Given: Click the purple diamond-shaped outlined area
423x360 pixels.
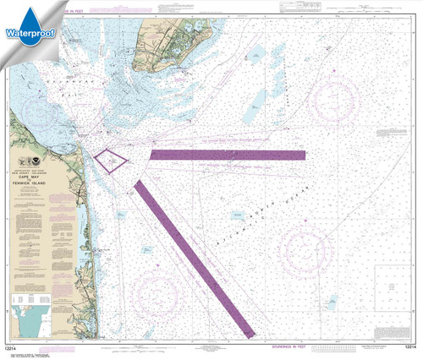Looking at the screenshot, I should pos(111,160).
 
